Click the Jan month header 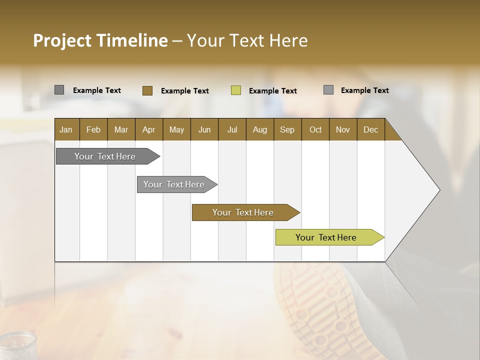pyautogui.click(x=66, y=129)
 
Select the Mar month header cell pyautogui.click(x=121, y=129)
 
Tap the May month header pyautogui.click(x=176, y=129)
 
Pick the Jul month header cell pyautogui.click(x=232, y=129)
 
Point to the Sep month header pyautogui.click(x=287, y=129)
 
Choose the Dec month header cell pyautogui.click(x=370, y=129)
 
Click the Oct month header pyautogui.click(x=315, y=129)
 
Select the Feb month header pyautogui.click(x=93, y=129)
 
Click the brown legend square pyautogui.click(x=147, y=90)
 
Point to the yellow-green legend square pyautogui.click(x=235, y=90)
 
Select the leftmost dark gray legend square pyautogui.click(x=59, y=90)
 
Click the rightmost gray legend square pyautogui.click(x=328, y=90)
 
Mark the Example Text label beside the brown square pyautogui.click(x=184, y=91)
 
